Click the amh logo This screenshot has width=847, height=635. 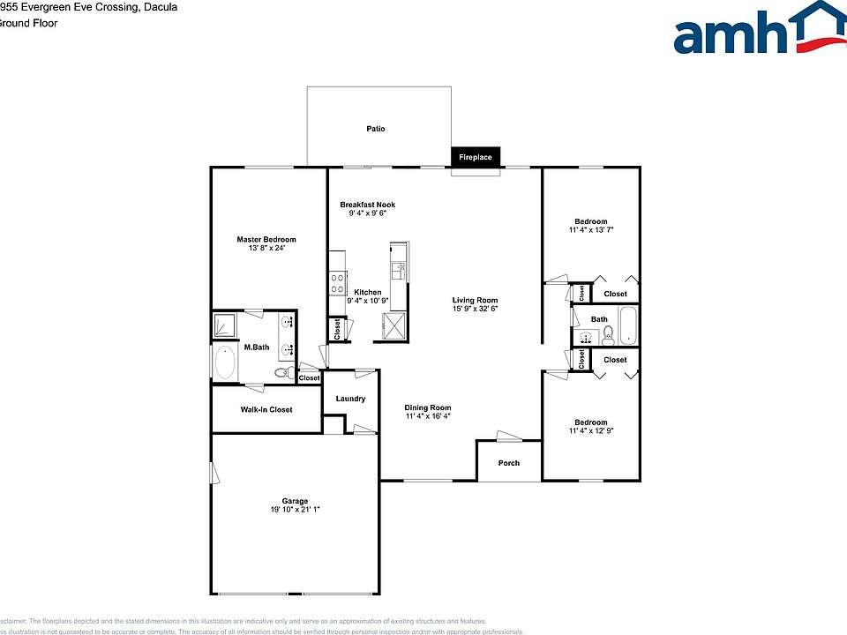point(757,32)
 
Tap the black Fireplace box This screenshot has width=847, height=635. point(476,157)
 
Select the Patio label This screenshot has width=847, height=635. point(376,129)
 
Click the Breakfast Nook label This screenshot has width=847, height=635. point(368,205)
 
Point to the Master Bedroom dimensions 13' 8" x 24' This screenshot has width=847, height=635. point(266,249)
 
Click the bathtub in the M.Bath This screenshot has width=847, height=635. point(225,362)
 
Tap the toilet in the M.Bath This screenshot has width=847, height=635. point(283,373)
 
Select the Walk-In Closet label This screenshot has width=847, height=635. point(266,409)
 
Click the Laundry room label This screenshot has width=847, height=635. point(350,399)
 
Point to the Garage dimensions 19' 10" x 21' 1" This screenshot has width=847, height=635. point(296,510)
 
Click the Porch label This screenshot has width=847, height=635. point(509,463)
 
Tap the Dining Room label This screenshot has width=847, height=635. point(428,407)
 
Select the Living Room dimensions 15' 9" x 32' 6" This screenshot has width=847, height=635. point(476,309)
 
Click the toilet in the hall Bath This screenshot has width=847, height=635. point(608,333)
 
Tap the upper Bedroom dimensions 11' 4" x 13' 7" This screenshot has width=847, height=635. point(591,230)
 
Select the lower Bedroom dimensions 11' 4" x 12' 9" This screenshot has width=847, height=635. point(591,431)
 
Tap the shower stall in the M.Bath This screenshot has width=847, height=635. point(224,326)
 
